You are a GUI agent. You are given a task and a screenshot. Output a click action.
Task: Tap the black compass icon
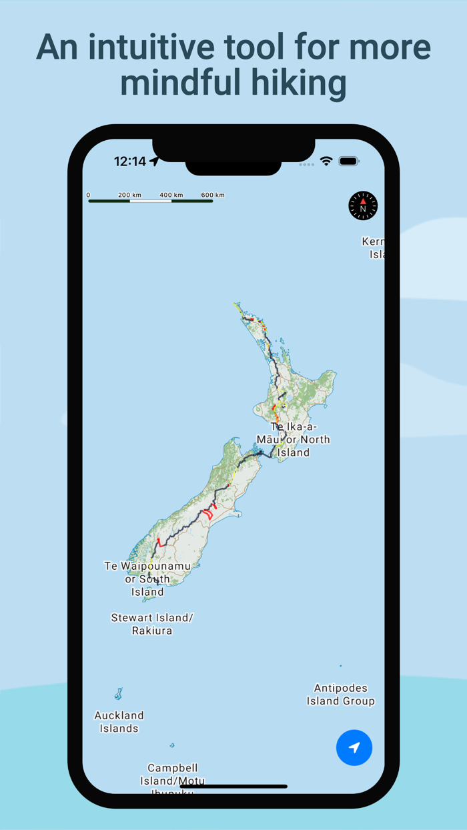point(363,205)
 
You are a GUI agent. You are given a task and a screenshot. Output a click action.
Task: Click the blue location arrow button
point(354,747)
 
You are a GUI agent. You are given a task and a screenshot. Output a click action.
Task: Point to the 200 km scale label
point(129,195)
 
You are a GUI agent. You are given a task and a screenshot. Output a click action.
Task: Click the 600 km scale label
point(213,195)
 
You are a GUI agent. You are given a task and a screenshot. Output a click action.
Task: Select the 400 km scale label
point(171,195)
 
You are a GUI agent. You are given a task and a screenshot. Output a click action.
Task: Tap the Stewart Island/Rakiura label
point(152,624)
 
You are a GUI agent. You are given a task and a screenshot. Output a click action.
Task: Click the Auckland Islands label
point(119,722)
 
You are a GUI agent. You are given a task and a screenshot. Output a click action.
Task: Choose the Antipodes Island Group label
point(340,695)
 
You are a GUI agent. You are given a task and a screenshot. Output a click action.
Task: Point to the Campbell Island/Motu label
point(172,774)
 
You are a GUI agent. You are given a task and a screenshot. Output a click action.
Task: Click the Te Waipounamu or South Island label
point(147,578)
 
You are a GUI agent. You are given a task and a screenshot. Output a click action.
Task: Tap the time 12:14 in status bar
point(130,161)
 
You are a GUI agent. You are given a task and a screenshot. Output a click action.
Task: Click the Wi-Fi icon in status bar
point(326,161)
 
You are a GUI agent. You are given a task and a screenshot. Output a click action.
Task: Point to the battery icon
point(349,161)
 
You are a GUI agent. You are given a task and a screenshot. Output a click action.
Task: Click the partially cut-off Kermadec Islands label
point(374,248)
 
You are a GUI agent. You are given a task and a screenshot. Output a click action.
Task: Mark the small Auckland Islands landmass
point(119,694)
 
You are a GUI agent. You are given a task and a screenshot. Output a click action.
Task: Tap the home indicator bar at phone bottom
point(233,787)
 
